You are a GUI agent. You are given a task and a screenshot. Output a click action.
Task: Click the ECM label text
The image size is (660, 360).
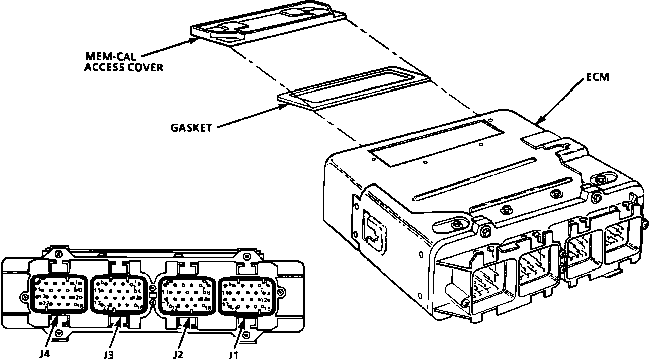pyautogui.click(x=597, y=77)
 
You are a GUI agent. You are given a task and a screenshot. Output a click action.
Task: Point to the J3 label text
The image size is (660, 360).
pyautogui.click(x=108, y=354)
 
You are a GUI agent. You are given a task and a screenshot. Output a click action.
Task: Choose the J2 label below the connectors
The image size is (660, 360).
pyautogui.click(x=177, y=354)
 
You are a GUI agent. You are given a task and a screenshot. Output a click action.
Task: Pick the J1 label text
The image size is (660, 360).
pyautogui.click(x=232, y=354)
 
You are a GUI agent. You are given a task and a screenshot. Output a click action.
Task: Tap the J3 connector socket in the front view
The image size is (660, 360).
pyautogui.click(x=119, y=294)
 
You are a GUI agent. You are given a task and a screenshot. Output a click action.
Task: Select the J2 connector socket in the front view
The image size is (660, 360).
pyautogui.click(x=186, y=294)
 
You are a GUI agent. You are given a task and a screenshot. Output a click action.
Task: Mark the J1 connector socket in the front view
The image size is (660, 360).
pyautogui.click(x=246, y=295)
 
